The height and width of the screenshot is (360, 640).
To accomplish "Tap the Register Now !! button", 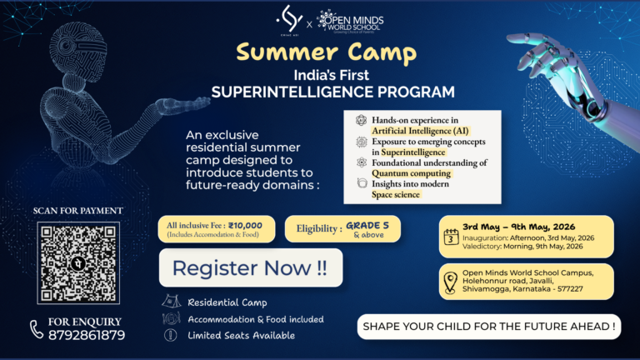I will coord(250,268).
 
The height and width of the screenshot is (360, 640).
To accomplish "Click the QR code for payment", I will coord(77,262).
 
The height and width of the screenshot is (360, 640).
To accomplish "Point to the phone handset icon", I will coord(37,328).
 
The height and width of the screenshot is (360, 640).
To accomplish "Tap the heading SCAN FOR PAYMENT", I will coord(78,211).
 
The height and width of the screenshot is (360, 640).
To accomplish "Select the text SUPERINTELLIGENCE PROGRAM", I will coord(320,92).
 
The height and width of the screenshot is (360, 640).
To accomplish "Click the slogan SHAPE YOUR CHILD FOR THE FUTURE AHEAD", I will coord(490,327).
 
